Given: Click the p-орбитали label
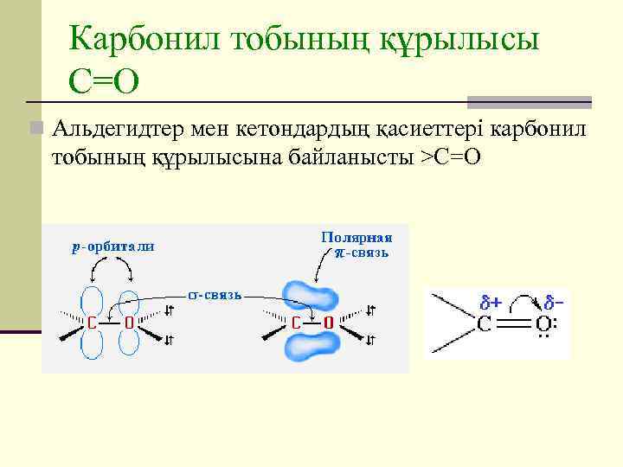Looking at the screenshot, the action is [x=113, y=246].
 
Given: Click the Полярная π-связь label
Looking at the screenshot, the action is [x=356, y=245].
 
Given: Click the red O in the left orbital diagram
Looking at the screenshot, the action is [x=128, y=323].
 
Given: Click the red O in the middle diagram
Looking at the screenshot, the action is [x=328, y=323].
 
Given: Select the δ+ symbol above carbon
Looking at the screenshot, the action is [x=492, y=303].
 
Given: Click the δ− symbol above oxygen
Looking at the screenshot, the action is [x=554, y=303].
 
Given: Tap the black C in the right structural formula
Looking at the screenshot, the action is [x=485, y=325].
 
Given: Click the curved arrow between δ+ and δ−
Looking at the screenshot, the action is [x=523, y=298].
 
